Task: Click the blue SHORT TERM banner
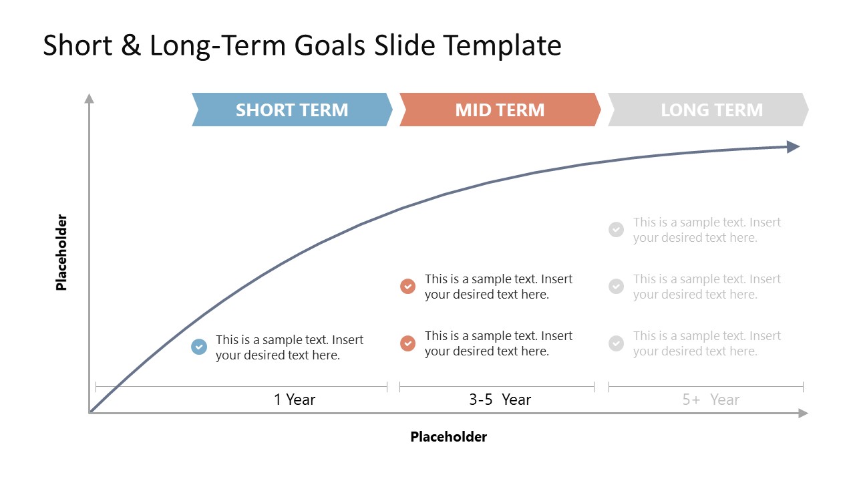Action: pyautogui.click(x=292, y=110)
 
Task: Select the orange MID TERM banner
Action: pyautogui.click(x=500, y=110)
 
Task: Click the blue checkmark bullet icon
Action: pyautogui.click(x=199, y=347)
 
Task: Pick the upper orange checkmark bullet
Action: pyautogui.click(x=407, y=287)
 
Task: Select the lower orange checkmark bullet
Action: pyautogui.click(x=407, y=343)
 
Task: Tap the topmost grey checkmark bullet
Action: pyautogui.click(x=616, y=230)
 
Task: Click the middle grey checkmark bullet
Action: pyautogui.click(x=616, y=287)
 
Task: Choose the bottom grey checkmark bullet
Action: pyautogui.click(x=616, y=343)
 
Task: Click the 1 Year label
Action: pyautogui.click(x=295, y=399)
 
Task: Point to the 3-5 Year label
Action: pyautogui.click(x=500, y=399)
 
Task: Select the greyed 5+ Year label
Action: pyautogui.click(x=711, y=399)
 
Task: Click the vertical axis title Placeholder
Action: pyautogui.click(x=61, y=252)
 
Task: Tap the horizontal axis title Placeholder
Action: pyautogui.click(x=448, y=437)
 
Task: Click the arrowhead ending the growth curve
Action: pyautogui.click(x=793, y=147)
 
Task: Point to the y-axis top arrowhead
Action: pyautogui.click(x=89, y=99)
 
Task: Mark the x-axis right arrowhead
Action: pyautogui.click(x=803, y=414)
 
